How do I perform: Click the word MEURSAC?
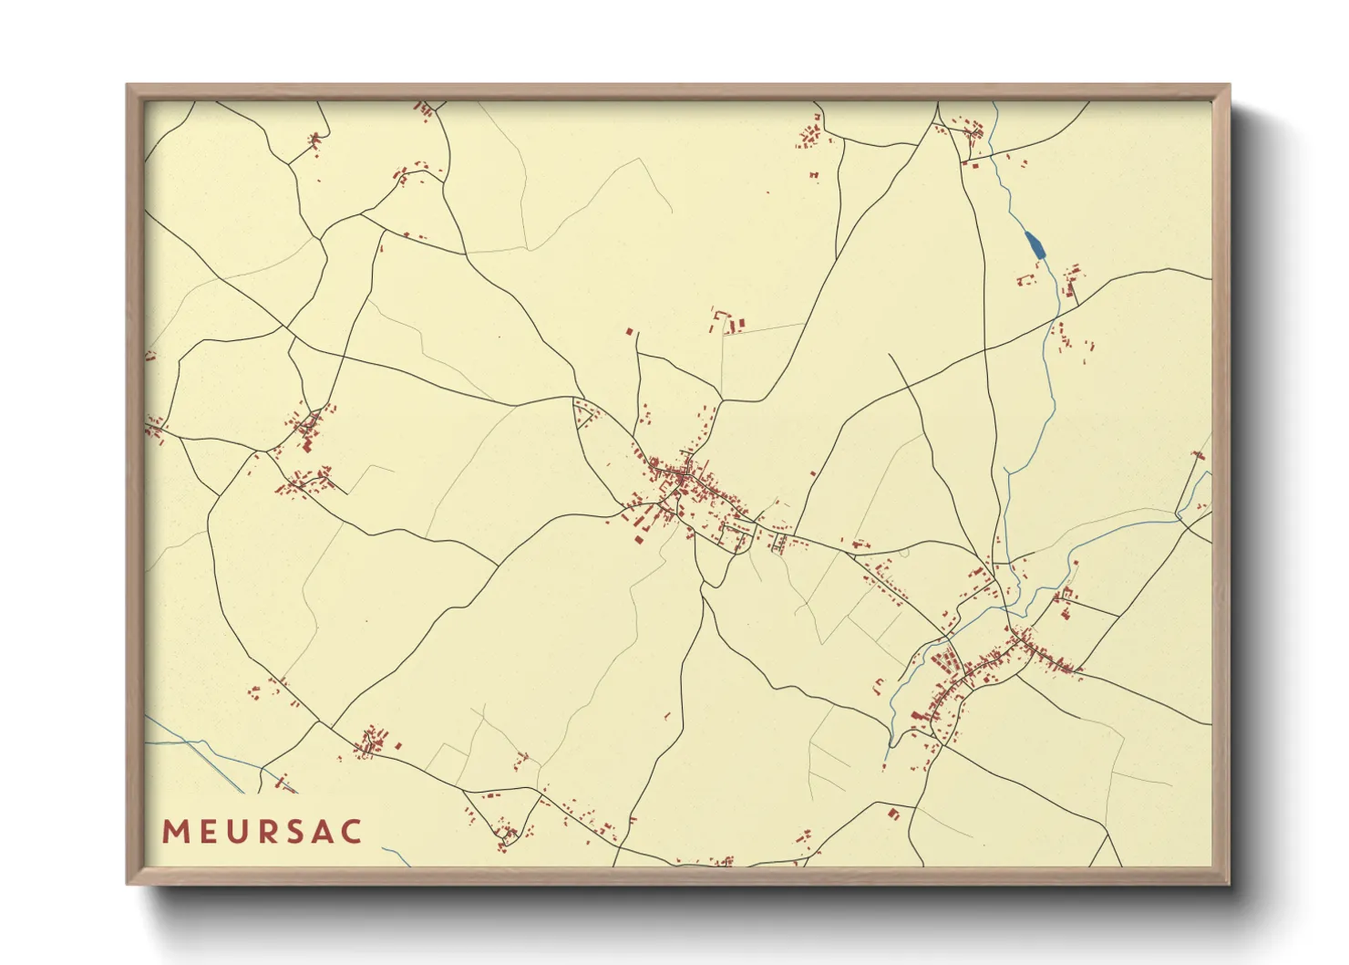point(263,832)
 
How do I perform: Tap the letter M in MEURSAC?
point(175,832)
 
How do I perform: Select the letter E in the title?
point(206,832)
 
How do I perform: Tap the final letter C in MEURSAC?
point(351,832)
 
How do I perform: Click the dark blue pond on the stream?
point(1035,244)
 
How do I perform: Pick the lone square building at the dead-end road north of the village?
point(629,332)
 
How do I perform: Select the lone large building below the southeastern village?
point(893,813)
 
